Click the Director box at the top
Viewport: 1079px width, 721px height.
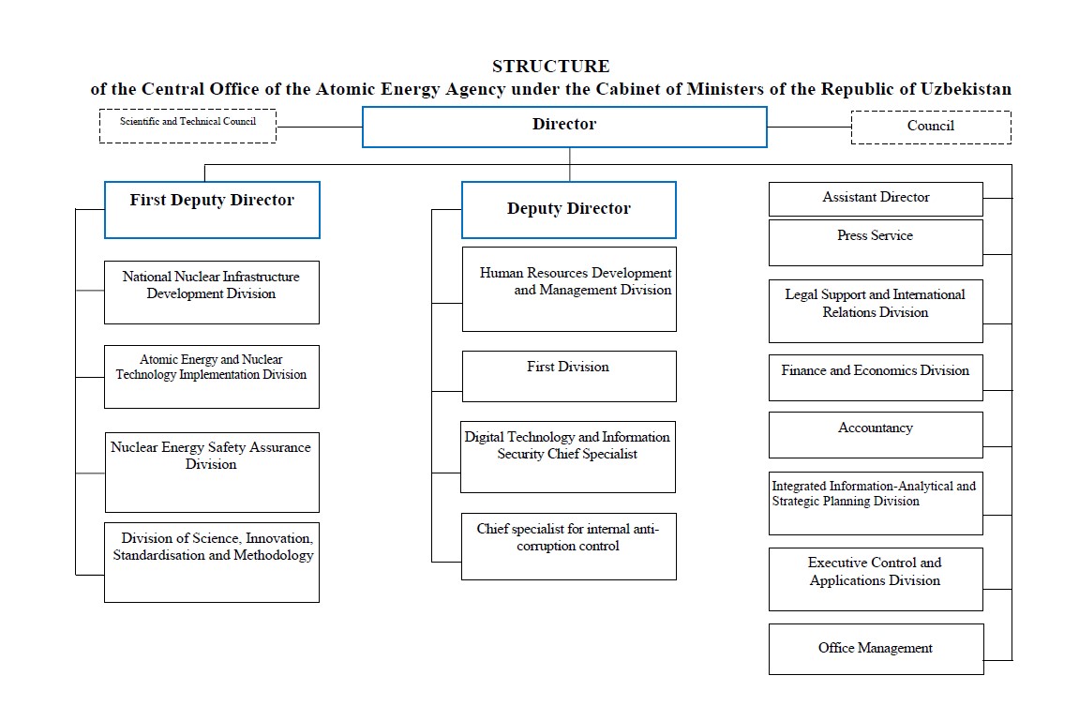point(564,126)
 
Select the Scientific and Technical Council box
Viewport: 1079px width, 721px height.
point(187,126)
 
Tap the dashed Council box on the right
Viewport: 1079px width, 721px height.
point(931,127)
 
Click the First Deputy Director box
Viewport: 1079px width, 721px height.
point(212,209)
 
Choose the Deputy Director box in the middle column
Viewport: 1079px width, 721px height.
point(568,209)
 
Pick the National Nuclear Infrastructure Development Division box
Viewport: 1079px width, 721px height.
point(212,292)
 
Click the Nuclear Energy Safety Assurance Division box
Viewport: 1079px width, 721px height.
point(212,472)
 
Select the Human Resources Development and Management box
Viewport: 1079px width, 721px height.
point(569,289)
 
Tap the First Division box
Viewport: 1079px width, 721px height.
point(569,376)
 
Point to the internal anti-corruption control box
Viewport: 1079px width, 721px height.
point(569,546)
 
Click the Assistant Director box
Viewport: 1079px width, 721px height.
point(876,199)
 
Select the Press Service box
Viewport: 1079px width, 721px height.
point(876,242)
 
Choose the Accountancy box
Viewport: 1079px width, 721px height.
point(876,434)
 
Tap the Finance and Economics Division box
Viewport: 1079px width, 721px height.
point(876,377)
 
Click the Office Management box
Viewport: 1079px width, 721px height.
point(876,649)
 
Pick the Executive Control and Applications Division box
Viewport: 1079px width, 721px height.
point(876,578)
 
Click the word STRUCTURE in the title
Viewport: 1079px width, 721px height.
point(550,67)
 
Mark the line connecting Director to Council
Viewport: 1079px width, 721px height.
point(809,127)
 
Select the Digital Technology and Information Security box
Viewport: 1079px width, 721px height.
point(568,457)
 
